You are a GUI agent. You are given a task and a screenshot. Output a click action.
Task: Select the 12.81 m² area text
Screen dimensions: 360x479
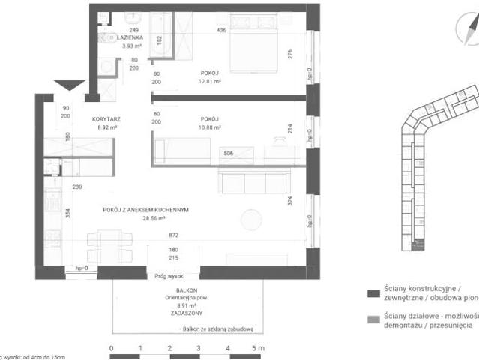coord(210,82)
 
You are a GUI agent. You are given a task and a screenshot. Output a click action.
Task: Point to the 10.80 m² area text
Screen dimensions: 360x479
coord(210,127)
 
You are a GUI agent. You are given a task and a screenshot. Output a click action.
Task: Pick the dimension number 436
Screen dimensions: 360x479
coord(222,30)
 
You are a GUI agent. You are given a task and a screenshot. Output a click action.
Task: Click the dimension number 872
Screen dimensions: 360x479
coord(174,235)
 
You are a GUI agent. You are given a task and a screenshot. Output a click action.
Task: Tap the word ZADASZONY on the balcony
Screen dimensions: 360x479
coord(174,313)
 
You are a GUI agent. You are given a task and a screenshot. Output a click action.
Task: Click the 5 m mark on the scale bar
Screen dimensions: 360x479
coord(256,348)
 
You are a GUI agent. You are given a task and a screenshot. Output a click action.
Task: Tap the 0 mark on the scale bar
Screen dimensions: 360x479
coord(111,348)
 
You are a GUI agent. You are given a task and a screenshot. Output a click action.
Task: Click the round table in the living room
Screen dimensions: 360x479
coord(250,220)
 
